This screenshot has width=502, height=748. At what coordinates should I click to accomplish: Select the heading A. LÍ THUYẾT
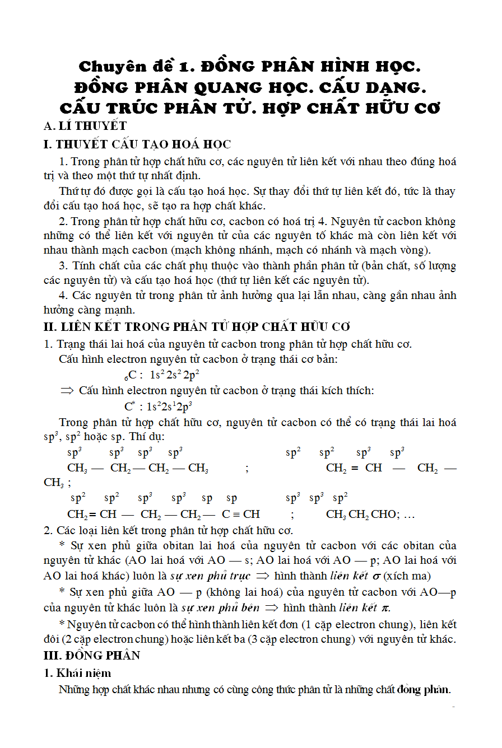coord(85,126)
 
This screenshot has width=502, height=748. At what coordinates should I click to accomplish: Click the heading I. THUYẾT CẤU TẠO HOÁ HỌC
coord(137,144)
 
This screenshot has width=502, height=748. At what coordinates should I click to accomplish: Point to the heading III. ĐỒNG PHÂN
coord(92,655)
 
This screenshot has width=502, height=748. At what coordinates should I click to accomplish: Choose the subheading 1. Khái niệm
coord(78,673)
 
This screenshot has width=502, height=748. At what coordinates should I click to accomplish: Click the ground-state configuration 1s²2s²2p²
coord(175,375)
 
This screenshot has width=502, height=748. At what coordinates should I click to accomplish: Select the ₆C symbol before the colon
coord(130,375)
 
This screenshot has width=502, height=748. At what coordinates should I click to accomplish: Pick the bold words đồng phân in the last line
coord(424,690)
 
